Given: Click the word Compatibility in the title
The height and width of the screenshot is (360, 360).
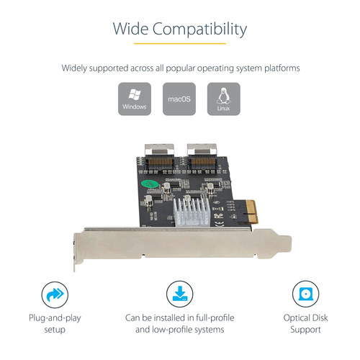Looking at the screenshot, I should tap(202, 30).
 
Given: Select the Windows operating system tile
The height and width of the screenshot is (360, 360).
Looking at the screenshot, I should tap(134, 99).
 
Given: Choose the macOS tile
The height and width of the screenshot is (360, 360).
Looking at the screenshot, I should tap(179, 99).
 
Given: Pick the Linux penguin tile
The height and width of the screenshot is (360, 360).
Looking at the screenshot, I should tap(223, 99).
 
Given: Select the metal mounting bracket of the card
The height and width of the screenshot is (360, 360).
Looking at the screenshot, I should tap(180, 241).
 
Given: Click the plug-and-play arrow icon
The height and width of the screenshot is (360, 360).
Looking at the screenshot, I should tap(54, 295).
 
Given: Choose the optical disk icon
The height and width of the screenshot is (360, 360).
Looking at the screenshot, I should tap(305, 295).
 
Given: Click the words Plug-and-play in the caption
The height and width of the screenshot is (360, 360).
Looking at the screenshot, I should tap(55, 317).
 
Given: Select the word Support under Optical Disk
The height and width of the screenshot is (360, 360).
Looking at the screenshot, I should tap(305, 330).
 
